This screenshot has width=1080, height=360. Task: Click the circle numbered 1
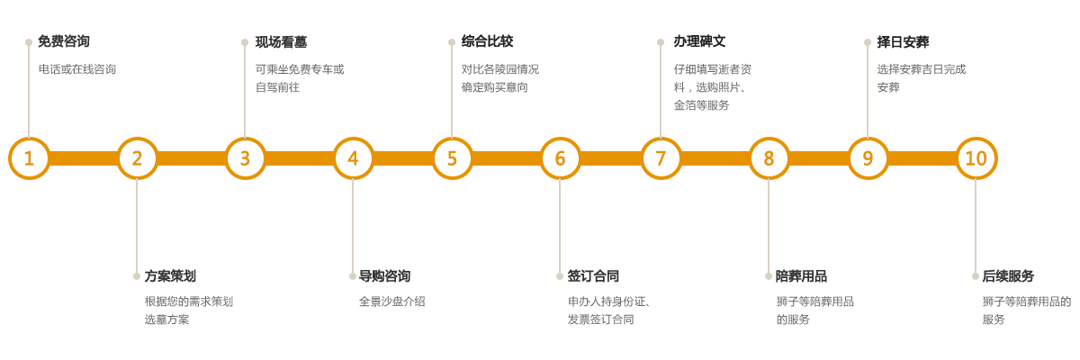pos(29,158)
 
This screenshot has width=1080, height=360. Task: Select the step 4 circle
pos(353,158)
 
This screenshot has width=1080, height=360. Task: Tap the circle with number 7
pos(661,158)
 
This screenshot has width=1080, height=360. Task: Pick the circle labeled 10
pos(976,158)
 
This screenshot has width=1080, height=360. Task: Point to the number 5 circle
pos(452,158)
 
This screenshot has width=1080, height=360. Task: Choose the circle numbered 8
pos(769,158)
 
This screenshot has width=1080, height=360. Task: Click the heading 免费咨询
pos(64,41)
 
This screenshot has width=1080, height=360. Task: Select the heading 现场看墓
pos(282,41)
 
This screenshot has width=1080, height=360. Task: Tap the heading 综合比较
pos(487,41)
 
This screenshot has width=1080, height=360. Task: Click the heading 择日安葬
pos(903,41)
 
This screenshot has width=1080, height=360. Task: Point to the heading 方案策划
pos(171,275)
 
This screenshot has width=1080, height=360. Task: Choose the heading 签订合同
pos(593,275)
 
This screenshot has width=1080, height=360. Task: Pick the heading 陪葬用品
pos(801,275)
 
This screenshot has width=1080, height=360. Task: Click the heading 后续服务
pos(1008,275)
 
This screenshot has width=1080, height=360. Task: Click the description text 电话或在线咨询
pos(77,68)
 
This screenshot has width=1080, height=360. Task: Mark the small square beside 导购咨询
pos(352,275)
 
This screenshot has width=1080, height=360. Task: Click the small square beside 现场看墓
pos(245,41)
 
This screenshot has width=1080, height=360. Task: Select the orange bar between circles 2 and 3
pos(191,158)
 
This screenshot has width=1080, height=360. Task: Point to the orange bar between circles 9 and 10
pos(922,158)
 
